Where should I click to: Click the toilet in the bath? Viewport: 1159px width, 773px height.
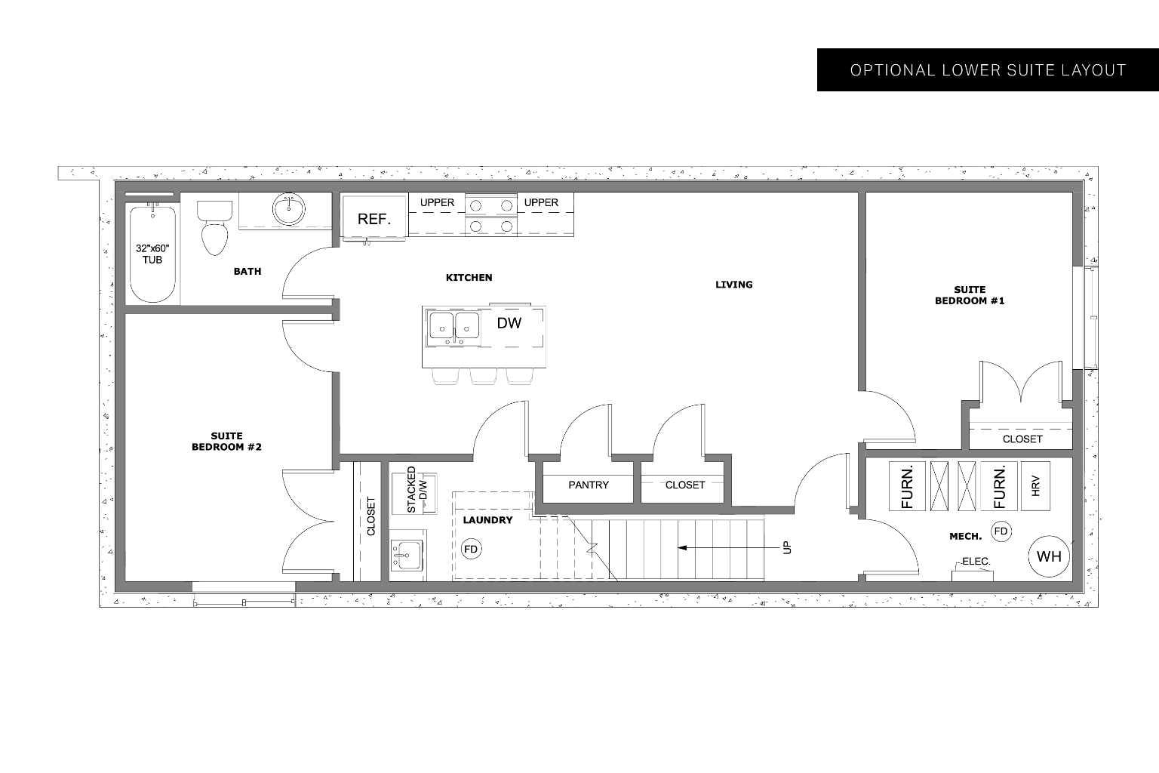[x=214, y=227]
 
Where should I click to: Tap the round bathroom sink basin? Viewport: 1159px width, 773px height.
[x=288, y=210]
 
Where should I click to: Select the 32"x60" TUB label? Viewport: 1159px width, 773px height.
[x=152, y=254]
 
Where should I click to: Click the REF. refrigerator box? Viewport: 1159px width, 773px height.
[x=374, y=219]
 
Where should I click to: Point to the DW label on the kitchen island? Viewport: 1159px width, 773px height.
[x=509, y=323]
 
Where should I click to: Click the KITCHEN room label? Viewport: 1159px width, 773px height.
[x=469, y=278]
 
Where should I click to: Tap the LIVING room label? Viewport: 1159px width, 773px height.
[x=733, y=285]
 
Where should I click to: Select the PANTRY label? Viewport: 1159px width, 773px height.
[x=588, y=485]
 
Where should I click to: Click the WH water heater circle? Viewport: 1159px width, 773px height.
[x=1049, y=556]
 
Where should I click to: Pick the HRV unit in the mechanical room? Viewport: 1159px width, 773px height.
[x=1036, y=485]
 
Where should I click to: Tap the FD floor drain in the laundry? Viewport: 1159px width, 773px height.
[x=471, y=549]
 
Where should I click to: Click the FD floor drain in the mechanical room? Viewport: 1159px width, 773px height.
[x=1001, y=531]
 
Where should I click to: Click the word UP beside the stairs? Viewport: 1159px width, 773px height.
[x=788, y=547]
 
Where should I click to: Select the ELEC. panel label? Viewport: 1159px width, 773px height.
[x=975, y=562]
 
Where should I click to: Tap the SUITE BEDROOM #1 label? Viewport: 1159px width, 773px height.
[x=970, y=295]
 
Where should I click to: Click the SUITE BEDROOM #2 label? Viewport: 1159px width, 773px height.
[x=226, y=442]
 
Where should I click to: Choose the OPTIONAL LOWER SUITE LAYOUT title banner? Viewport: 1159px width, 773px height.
[x=987, y=70]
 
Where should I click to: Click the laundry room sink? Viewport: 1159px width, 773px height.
[x=407, y=556]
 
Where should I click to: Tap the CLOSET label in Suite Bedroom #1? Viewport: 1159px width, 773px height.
[x=1022, y=439]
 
